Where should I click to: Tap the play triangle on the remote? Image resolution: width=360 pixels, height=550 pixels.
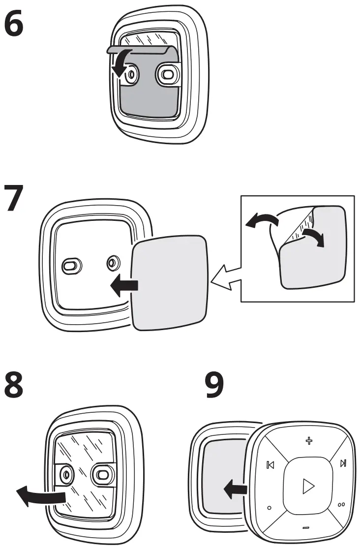308,486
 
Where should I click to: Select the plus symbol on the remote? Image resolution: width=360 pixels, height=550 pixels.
309,440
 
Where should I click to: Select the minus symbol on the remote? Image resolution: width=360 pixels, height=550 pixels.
306,528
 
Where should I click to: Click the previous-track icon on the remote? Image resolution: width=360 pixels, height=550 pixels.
270,465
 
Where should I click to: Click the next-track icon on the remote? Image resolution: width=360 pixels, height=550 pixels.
343,463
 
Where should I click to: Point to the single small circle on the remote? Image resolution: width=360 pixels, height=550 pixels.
269,507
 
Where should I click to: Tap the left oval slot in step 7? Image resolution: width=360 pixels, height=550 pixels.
69,266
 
